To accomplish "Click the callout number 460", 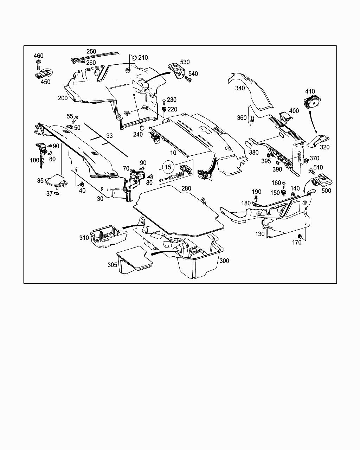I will point(39,56).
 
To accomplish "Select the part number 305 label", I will point(112,265).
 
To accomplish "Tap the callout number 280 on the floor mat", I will point(186,189).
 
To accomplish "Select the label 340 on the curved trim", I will point(240,88).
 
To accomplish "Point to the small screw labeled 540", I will point(189,81).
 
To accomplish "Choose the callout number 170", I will point(297,242).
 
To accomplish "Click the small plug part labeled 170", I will point(300,236).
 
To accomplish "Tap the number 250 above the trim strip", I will point(91,51).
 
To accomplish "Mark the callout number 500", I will point(326,191).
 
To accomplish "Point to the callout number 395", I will point(266,161).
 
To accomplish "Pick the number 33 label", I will point(110,135).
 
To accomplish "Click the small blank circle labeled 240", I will point(142,128).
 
